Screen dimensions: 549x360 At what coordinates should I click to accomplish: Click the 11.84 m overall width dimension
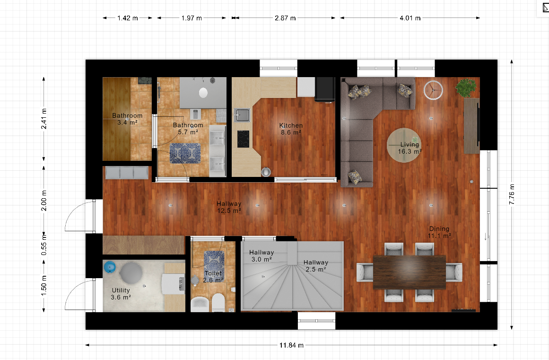pyautogui.click(x=291, y=345)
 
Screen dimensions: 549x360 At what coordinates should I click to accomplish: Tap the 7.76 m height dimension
pyautogui.click(x=512, y=194)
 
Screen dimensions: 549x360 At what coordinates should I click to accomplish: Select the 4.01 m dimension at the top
pyautogui.click(x=410, y=18)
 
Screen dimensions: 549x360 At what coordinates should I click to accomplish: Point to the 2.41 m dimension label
pyautogui.click(x=44, y=119)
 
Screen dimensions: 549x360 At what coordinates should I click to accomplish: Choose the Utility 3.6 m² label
pyautogui.click(x=121, y=294)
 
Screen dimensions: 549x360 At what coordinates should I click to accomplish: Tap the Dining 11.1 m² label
pyautogui.click(x=439, y=232)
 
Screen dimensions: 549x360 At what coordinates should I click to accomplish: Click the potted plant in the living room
pyautogui.click(x=466, y=87)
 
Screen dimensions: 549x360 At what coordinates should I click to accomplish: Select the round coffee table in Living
pyautogui.click(x=404, y=145)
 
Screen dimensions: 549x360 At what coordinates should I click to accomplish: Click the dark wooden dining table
pyautogui.click(x=410, y=272)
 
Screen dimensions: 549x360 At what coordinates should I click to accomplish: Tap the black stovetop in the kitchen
pyautogui.click(x=244, y=139)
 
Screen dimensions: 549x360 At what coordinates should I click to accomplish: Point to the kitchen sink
pyautogui.click(x=242, y=115)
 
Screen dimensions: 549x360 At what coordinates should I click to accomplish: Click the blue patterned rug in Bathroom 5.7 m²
pyautogui.click(x=185, y=153)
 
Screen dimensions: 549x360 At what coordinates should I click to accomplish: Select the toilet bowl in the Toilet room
pyautogui.click(x=218, y=302)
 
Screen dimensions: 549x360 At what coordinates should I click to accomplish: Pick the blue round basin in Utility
pyautogui.click(x=110, y=267)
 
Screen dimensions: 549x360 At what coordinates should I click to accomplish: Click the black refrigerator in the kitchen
pyautogui.click(x=325, y=89)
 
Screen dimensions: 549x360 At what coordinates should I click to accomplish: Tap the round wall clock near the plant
pyautogui.click(x=433, y=90)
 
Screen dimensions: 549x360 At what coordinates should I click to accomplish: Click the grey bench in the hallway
pyautogui.click(x=127, y=173)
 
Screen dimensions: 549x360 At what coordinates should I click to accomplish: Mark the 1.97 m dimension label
pyautogui.click(x=192, y=18)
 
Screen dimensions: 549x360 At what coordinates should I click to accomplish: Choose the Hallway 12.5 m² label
pyautogui.click(x=229, y=207)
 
